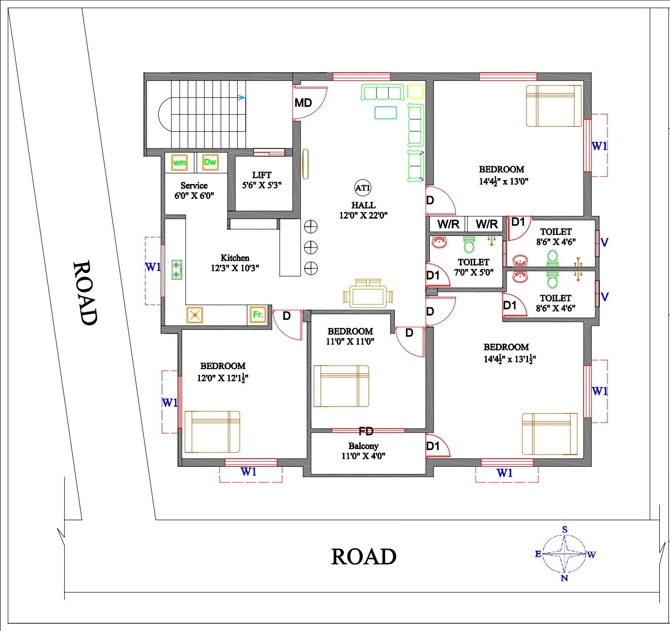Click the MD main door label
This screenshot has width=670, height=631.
point(303,103)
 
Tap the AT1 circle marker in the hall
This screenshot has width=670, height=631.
point(363,188)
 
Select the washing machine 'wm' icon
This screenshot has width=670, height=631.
point(180,163)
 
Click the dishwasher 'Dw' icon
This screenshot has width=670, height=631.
point(210,162)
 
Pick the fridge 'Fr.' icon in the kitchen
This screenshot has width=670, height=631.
point(258,315)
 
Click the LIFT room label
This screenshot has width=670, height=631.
point(262,175)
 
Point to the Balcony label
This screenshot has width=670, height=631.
point(363,446)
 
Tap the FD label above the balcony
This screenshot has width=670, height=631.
point(366,431)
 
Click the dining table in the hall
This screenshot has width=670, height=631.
point(368,293)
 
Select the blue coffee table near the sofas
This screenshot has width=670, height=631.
point(386,113)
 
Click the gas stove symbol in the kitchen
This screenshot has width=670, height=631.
point(177,269)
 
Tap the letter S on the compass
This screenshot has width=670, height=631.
point(564,530)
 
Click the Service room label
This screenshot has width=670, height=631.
point(194,186)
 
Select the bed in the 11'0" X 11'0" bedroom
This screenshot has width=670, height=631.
point(341,386)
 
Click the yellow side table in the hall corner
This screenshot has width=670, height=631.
point(416,92)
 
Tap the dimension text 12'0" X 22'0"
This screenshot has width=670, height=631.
point(363,215)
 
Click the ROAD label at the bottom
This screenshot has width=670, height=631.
point(364,556)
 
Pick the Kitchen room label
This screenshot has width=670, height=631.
point(235,258)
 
